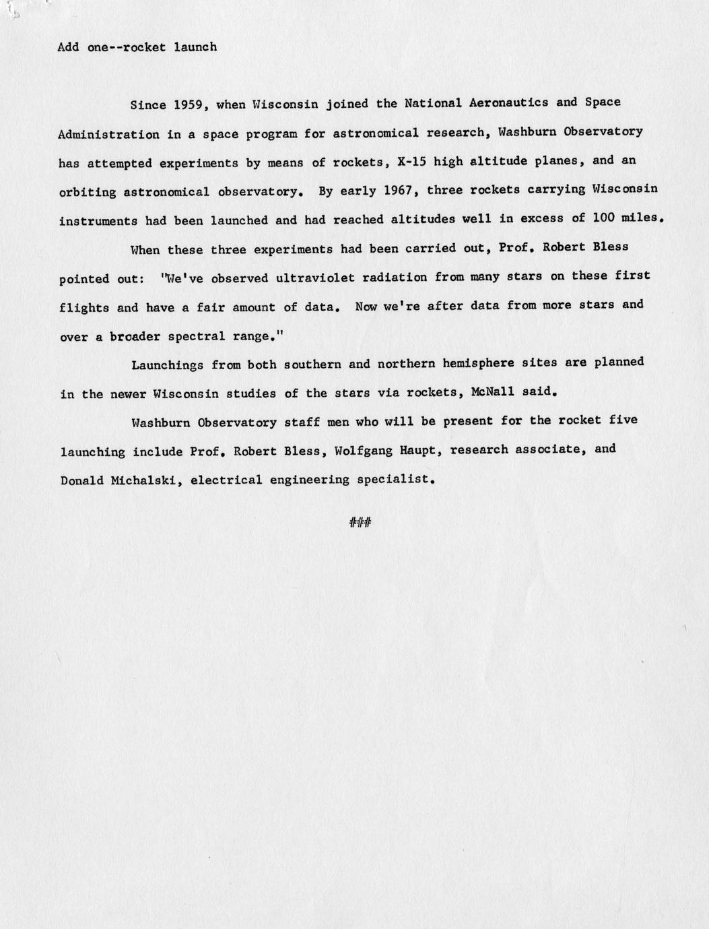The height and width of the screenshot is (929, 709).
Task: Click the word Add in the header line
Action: click(68, 47)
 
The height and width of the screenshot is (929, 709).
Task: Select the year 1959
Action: click(189, 104)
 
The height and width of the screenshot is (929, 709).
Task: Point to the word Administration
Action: click(108, 134)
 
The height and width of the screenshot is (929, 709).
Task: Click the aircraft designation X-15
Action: click(408, 162)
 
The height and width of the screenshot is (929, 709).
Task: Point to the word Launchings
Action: click(167, 365)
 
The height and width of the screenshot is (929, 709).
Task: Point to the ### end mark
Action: click(360, 522)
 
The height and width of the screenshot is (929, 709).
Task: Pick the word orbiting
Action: click(87, 192)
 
